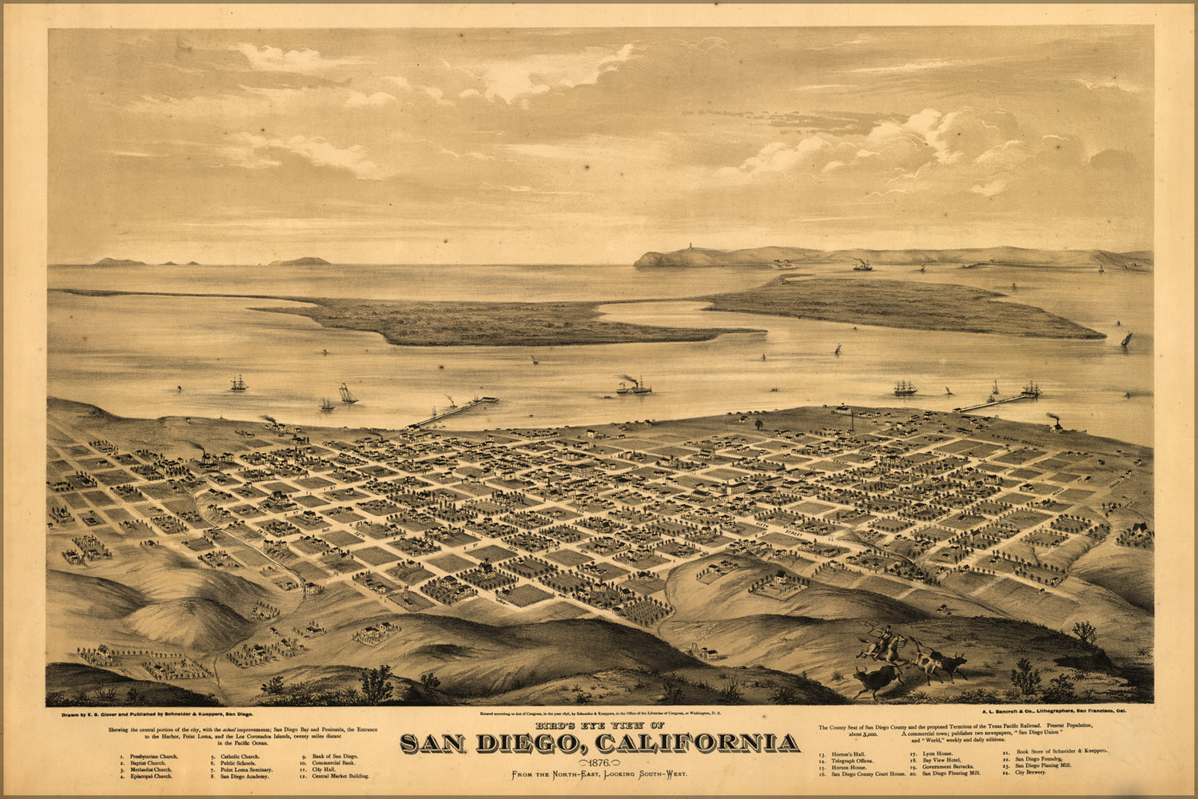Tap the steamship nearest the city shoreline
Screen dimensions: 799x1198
pyautogui.click(x=634, y=387)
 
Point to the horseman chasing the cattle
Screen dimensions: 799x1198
pyautogui.click(x=883, y=639)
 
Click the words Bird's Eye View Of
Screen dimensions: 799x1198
pyautogui.click(x=600, y=725)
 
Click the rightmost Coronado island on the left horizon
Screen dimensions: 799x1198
pyautogui.click(x=300, y=260)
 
